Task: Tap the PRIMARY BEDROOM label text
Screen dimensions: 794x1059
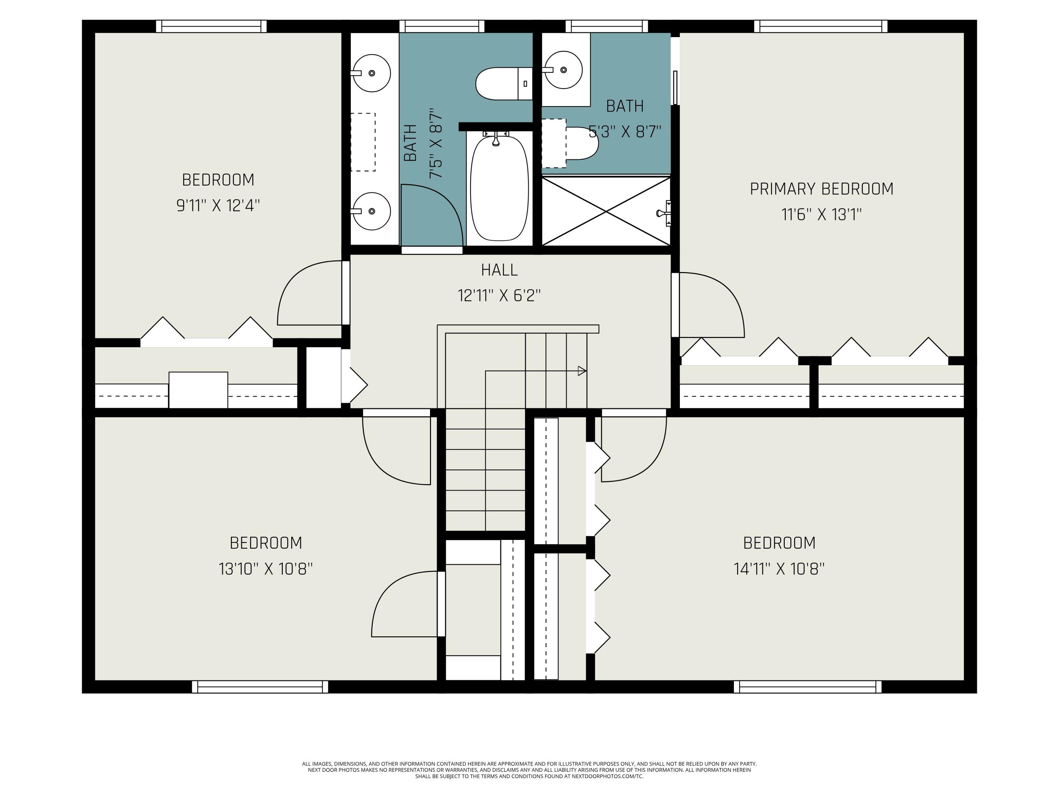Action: coord(821,189)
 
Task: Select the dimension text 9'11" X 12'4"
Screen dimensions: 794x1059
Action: coord(218,206)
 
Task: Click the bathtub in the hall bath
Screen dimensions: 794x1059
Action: coord(499,188)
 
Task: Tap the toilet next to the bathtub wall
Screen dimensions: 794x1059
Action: coord(503,84)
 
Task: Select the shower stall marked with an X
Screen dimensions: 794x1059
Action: coord(606,211)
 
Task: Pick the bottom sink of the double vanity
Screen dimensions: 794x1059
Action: coord(371,211)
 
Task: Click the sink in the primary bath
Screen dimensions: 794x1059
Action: coord(563,70)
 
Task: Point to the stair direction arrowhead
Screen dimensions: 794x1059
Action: coord(582,371)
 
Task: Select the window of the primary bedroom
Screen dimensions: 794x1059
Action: coord(821,26)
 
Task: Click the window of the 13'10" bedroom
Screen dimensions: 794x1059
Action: coord(260,687)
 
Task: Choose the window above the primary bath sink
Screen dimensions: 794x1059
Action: coord(606,26)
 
